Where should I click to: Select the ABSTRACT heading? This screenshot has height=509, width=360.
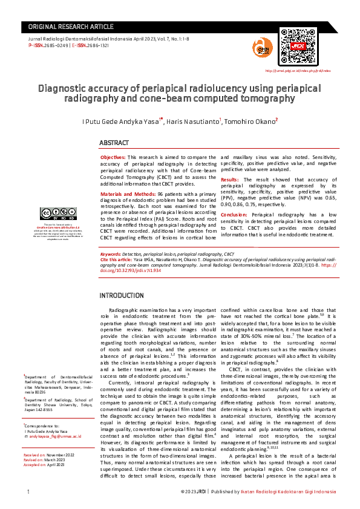[114, 143]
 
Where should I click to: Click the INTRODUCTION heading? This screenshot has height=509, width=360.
[121, 295]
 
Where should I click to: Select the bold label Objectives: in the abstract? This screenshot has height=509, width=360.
[113, 157]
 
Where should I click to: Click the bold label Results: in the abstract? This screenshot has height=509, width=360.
[230, 180]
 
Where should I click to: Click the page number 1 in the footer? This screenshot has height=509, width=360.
[28, 494]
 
